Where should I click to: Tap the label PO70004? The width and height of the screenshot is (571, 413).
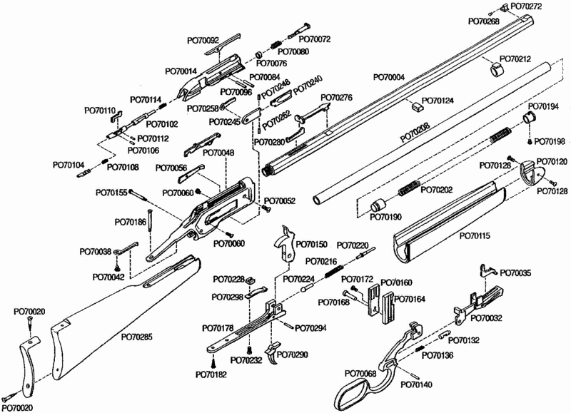click(389, 77)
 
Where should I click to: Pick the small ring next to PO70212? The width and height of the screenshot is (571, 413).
click(496, 70)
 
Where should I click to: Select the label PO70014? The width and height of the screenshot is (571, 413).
click(181, 71)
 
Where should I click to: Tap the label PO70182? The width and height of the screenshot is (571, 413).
click(211, 373)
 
